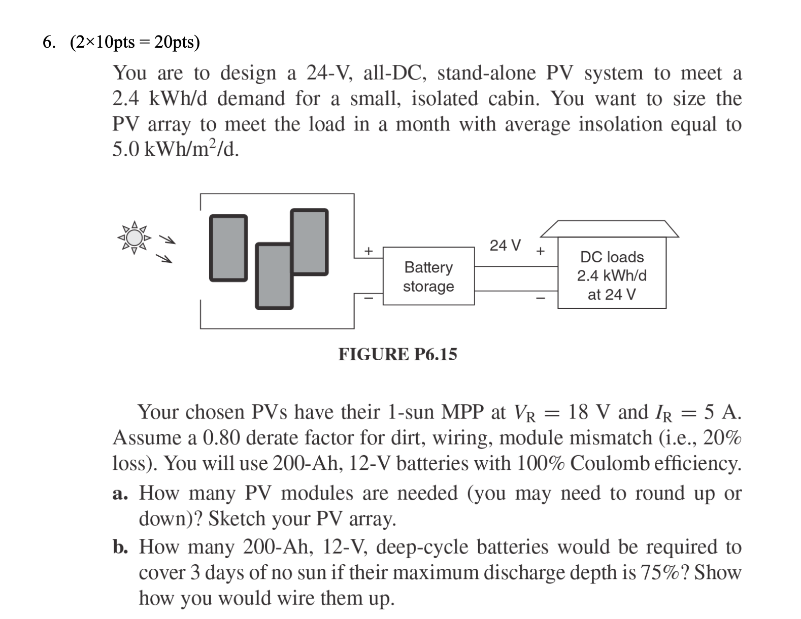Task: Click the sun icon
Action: (x=133, y=237)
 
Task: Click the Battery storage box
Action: (x=428, y=276)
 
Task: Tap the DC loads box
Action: (x=612, y=276)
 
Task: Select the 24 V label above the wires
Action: (x=505, y=246)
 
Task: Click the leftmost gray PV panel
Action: (x=228, y=248)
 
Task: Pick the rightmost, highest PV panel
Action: (x=309, y=242)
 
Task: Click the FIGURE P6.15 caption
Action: (x=397, y=354)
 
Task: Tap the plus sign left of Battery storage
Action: (x=369, y=251)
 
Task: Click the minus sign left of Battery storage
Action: (x=369, y=298)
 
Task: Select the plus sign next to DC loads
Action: (x=541, y=251)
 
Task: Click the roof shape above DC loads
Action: (x=609, y=229)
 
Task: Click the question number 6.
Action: (x=48, y=42)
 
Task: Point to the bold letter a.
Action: (x=119, y=493)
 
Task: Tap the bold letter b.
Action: (x=120, y=547)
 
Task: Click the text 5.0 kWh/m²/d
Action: (x=175, y=150)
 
